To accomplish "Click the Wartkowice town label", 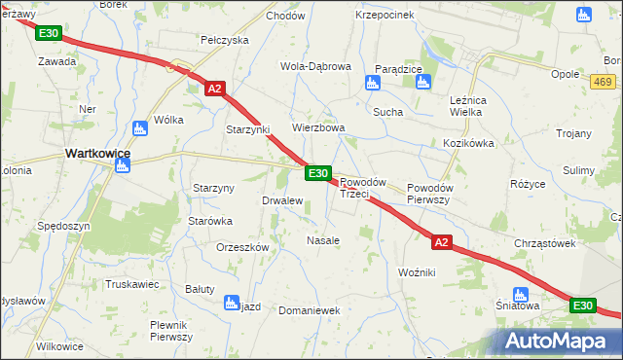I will click(98, 153).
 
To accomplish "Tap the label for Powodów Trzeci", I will click(364, 188).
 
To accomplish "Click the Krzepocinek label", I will click(385, 15).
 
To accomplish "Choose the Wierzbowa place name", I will click(319, 127).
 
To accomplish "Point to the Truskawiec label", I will click(133, 285).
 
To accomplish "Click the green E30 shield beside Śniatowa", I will click(582, 306).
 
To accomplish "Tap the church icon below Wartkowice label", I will click(122, 167).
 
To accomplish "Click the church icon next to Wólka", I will click(138, 126).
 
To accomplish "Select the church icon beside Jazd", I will click(232, 303).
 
